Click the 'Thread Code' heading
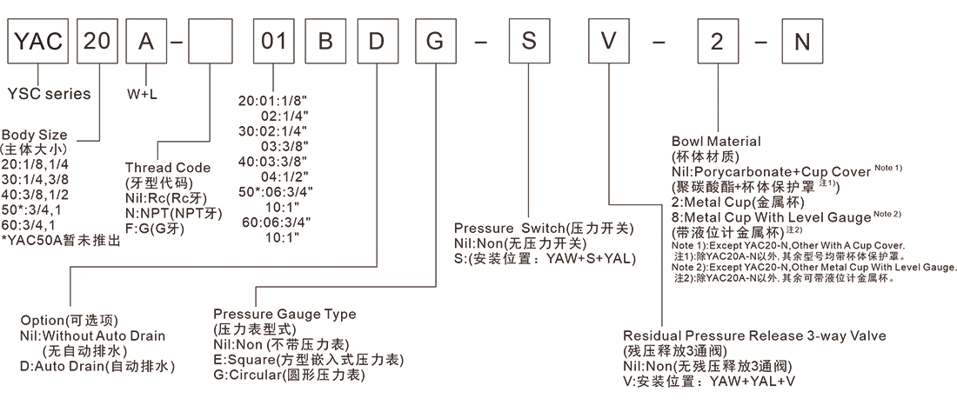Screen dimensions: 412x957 click(168, 167)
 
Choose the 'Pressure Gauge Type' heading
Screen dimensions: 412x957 click(284, 315)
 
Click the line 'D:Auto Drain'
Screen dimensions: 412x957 click(97, 366)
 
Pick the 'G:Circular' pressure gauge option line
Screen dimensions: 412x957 click(289, 375)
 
